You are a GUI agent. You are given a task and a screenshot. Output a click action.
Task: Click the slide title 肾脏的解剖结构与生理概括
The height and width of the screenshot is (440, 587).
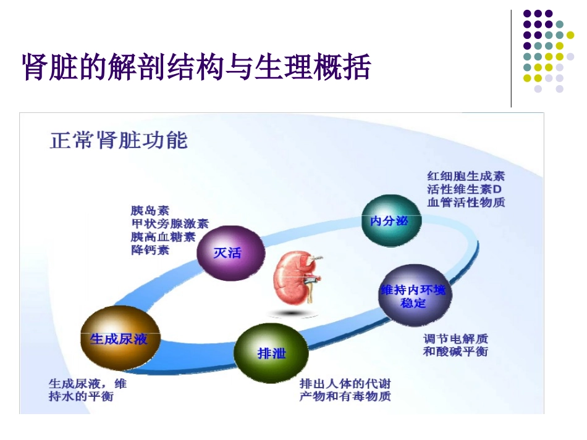coord(196,68)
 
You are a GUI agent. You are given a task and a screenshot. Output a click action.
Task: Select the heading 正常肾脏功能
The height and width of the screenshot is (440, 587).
coord(119,141)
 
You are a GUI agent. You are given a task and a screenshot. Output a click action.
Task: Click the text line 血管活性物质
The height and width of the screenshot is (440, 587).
coord(465,202)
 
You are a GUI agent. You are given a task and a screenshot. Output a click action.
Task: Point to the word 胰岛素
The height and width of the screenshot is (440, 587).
coord(150,210)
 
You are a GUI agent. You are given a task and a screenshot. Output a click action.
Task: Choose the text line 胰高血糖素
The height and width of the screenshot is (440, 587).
coord(163,237)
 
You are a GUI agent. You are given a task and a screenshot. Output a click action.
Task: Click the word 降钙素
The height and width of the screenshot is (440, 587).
coord(150,251)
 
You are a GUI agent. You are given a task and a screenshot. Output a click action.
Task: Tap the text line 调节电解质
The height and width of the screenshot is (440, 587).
coord(455,338)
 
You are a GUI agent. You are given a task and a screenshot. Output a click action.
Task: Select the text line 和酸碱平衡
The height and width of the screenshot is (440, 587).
coord(455,351)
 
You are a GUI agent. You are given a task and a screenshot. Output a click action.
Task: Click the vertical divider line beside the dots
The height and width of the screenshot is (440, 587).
coord(511,59)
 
